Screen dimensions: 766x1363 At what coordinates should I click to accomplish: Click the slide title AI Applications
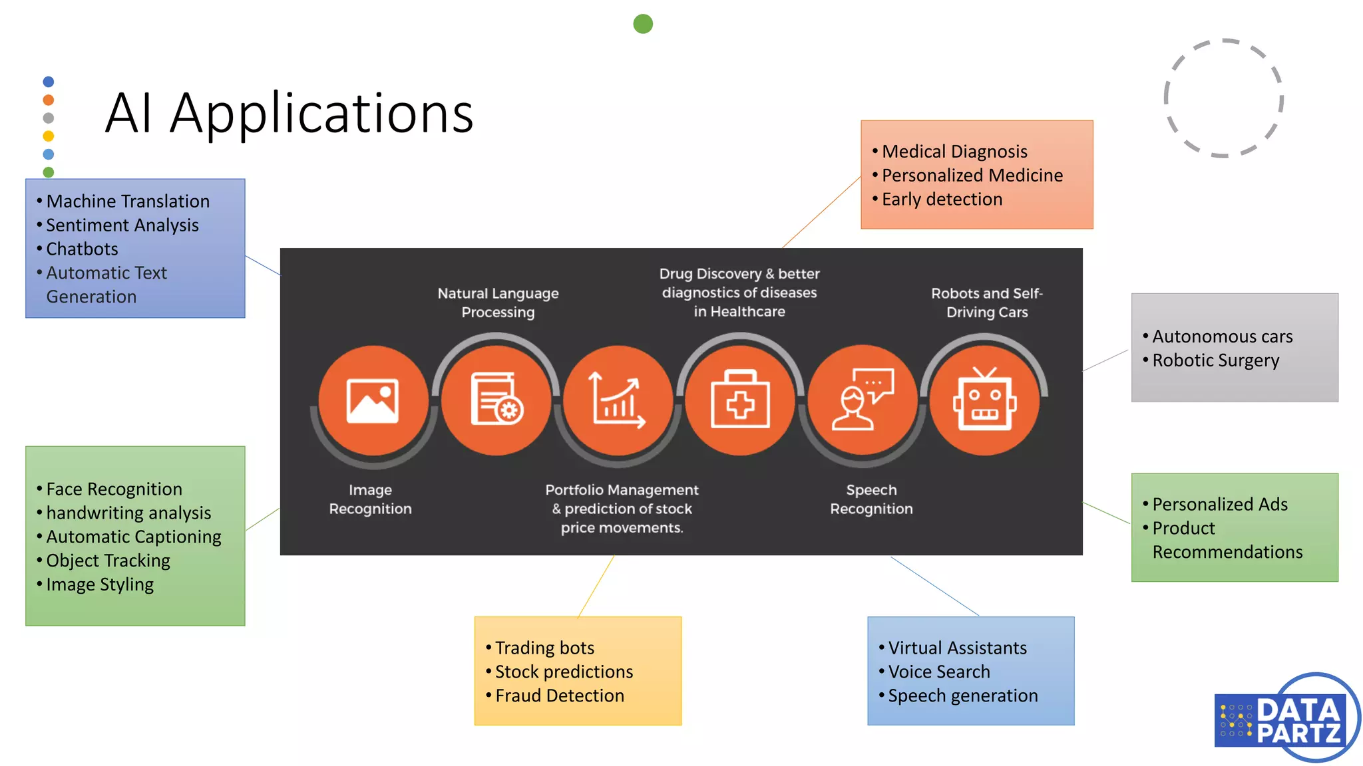tap(289, 113)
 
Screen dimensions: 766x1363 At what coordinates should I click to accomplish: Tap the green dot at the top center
tap(642, 24)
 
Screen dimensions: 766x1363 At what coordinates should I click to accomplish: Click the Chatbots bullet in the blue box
tap(82, 249)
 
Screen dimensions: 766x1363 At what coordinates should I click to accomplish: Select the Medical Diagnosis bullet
tap(954, 152)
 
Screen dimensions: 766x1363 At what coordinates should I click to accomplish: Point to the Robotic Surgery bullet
tap(1215, 360)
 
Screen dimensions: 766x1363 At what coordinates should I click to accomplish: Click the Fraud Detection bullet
tap(559, 696)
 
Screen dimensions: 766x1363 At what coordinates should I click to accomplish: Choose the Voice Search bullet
tap(938, 672)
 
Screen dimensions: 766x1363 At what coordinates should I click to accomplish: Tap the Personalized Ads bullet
tap(1219, 504)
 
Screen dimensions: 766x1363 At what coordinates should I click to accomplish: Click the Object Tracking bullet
tap(108, 561)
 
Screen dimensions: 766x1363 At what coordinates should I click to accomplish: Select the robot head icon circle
tap(984, 400)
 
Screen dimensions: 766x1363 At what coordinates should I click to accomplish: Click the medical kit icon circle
tap(740, 400)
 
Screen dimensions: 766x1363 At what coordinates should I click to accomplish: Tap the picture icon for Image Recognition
tap(373, 400)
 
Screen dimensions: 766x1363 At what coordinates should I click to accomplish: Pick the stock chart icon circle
tap(618, 400)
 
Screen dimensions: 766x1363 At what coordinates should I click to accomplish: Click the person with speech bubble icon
tap(863, 400)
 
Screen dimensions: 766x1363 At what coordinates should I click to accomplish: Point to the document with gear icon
tap(496, 400)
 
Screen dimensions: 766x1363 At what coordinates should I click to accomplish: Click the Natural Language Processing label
tap(498, 303)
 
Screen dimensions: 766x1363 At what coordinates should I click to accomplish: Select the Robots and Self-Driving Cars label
tap(986, 303)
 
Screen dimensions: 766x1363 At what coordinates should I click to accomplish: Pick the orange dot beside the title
tap(48, 100)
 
